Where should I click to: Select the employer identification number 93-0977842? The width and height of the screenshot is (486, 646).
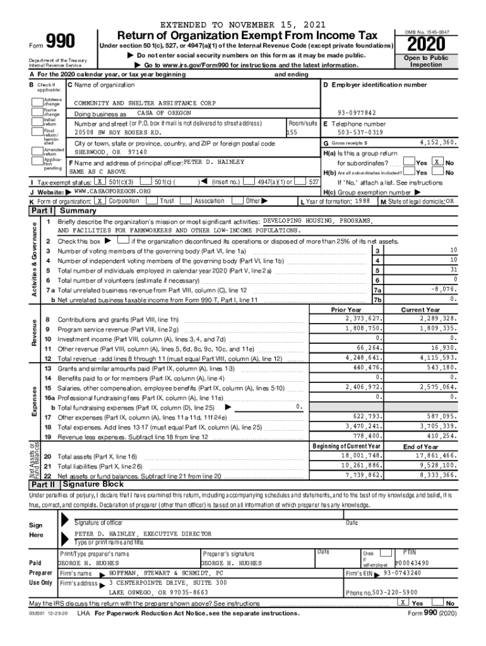[x=357, y=112]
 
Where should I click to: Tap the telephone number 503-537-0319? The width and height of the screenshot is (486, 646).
[x=360, y=132]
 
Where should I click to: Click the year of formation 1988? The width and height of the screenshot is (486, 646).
[x=362, y=201]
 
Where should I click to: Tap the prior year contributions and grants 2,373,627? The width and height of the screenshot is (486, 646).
[x=359, y=319]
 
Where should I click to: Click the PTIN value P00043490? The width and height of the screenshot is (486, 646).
[x=413, y=563]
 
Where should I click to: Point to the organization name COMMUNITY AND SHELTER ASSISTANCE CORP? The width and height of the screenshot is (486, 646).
[x=145, y=102]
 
